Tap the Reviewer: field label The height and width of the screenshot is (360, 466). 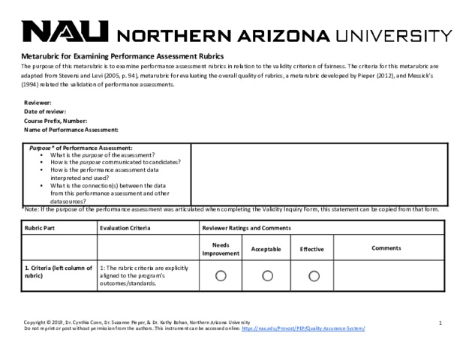click(38, 102)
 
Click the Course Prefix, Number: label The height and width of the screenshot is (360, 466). click(56, 121)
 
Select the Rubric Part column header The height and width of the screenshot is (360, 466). click(42, 228)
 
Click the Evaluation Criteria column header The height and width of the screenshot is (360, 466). click(125, 228)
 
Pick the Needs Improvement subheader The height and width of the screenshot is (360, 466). click(221, 249)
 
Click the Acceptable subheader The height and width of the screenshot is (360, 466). click(266, 249)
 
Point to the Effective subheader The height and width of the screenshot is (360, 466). click(311, 249)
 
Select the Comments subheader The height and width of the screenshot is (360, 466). click(386, 248)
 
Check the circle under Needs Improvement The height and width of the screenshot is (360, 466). click(221, 276)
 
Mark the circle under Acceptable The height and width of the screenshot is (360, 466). click(266, 276)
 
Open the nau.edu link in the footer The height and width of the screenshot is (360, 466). click(304, 328)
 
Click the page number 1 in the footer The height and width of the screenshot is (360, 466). click(440, 322)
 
